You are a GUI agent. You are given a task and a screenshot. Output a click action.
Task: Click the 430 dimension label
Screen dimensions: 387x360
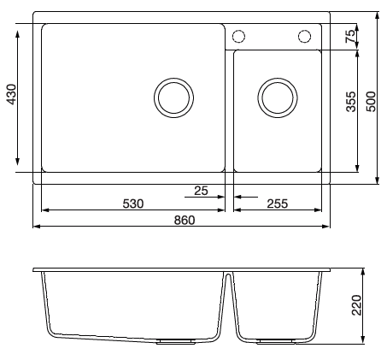click(x=12, y=94)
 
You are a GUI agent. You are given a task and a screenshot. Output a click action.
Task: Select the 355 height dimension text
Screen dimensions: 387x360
click(x=350, y=102)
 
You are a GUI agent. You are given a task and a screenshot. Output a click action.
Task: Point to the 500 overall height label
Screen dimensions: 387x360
click(x=371, y=102)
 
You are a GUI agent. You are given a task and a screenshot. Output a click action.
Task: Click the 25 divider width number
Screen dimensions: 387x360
click(x=201, y=191)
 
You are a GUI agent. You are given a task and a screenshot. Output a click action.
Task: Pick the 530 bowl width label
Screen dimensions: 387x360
click(x=133, y=204)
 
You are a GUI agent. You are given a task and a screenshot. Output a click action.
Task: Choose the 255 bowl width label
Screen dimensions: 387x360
click(x=278, y=204)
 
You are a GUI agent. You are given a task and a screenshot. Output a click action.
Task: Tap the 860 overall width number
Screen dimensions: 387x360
click(x=185, y=221)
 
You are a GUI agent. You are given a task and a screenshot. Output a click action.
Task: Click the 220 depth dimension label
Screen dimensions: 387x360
click(x=356, y=305)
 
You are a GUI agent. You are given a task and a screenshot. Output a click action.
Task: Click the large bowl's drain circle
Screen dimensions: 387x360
click(x=173, y=78)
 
